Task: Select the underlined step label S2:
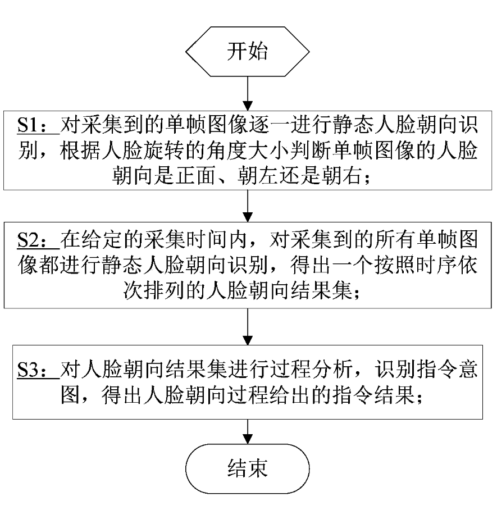tap(39, 240)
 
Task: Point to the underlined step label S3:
tap(39, 370)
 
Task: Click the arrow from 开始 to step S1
tap(248, 94)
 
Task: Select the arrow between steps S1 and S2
tap(248, 206)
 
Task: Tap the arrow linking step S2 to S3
tap(248, 326)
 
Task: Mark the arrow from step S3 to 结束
tap(248, 431)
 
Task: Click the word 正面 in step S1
tap(196, 176)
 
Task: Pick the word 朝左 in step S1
tap(258, 176)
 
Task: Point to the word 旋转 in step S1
tap(164, 151)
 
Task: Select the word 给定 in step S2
tap(102, 240)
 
